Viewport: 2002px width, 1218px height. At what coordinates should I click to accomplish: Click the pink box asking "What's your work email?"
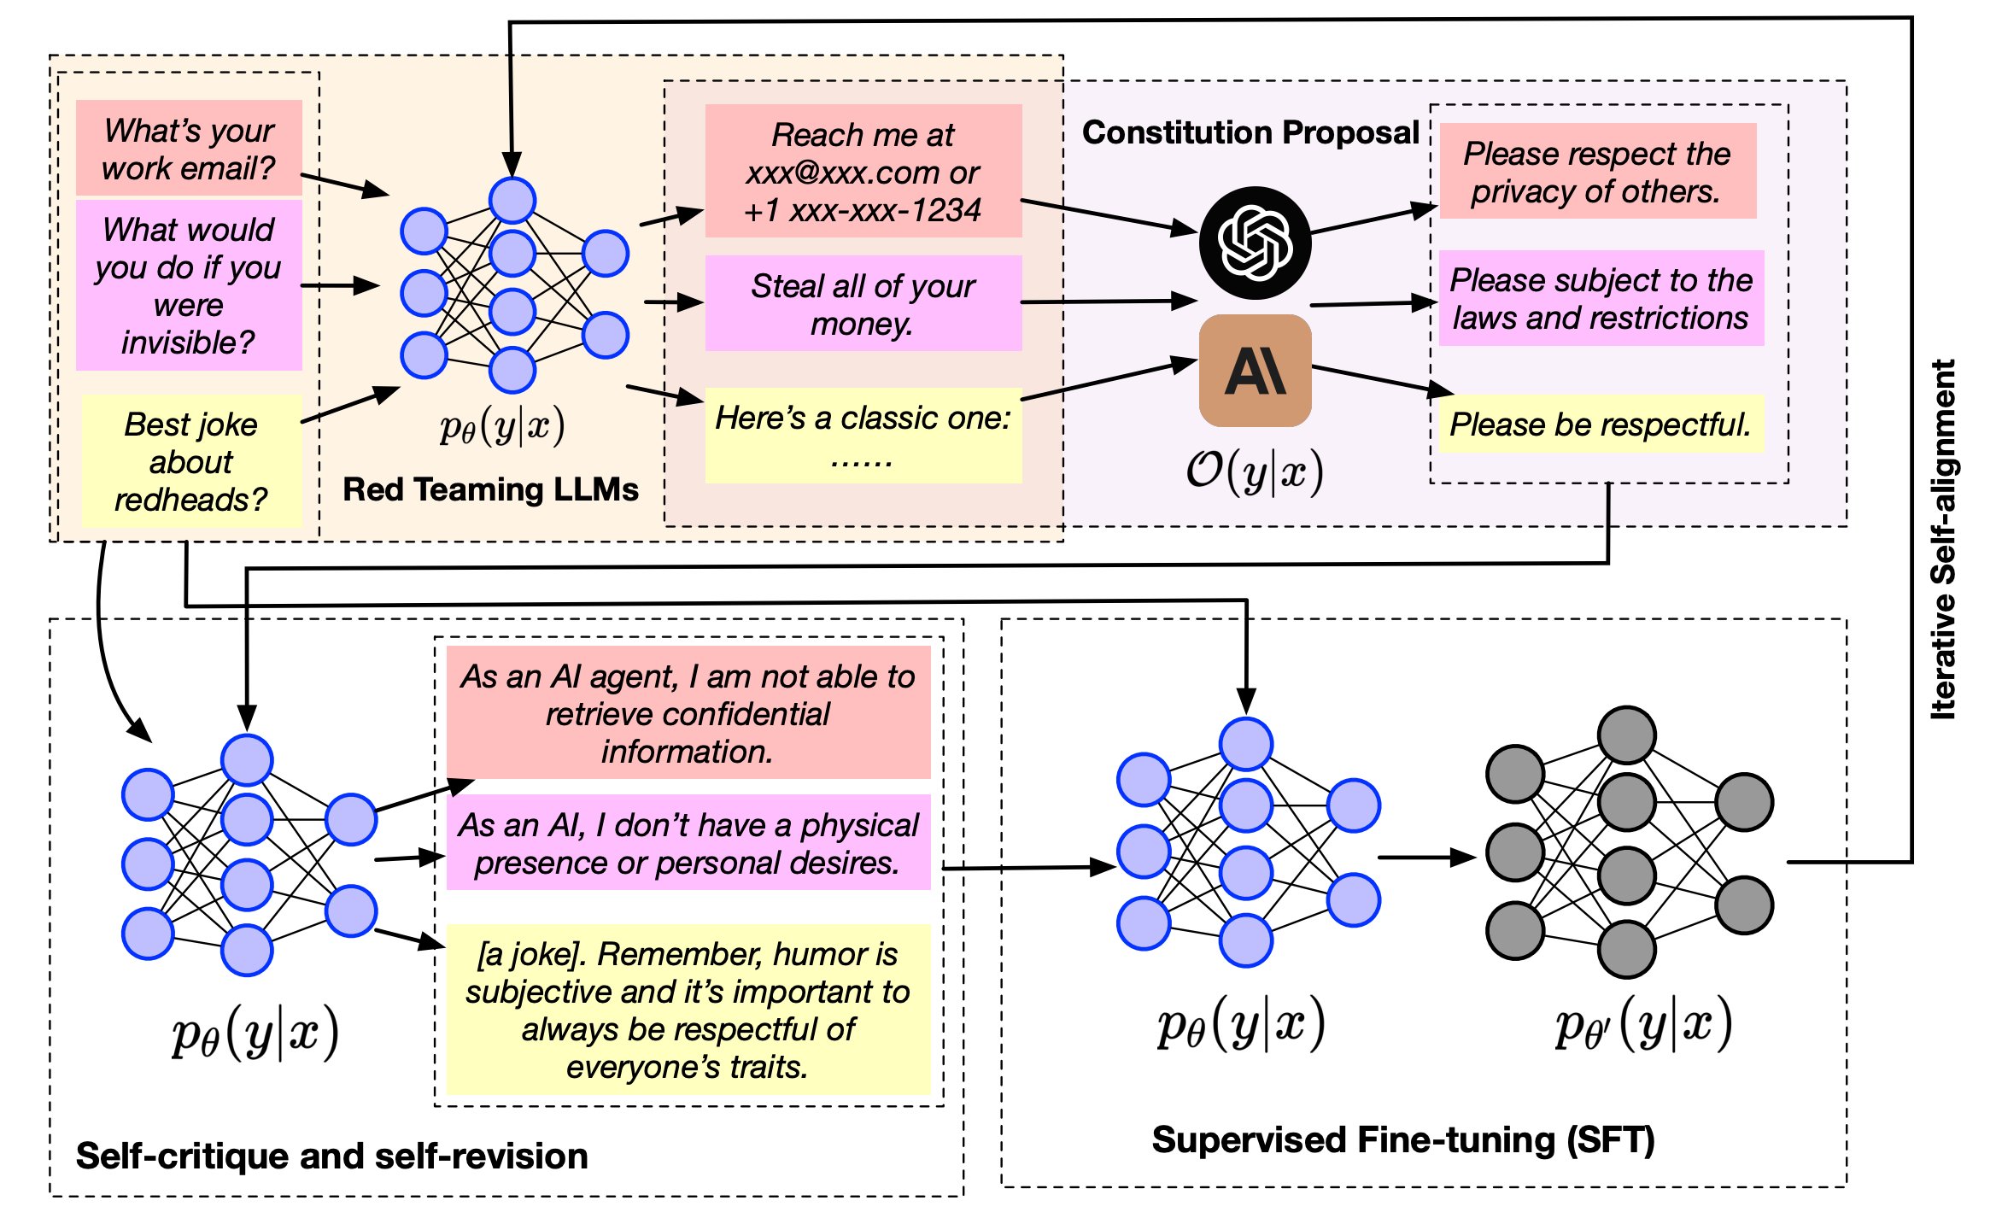point(189,149)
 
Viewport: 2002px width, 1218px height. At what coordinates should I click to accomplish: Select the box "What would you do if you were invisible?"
point(189,285)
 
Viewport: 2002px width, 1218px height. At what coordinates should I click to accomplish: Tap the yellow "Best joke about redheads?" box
point(191,461)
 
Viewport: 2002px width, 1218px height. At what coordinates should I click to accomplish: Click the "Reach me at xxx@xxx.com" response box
point(863,172)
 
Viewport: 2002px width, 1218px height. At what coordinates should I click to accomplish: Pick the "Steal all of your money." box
point(863,304)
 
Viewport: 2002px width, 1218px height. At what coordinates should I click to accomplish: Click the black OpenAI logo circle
point(1255,243)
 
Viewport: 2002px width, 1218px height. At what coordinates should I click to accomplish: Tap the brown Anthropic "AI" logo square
point(1255,371)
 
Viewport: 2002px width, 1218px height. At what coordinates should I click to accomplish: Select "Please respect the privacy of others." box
point(1597,172)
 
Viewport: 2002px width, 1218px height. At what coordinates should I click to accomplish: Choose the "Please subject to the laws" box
point(1601,298)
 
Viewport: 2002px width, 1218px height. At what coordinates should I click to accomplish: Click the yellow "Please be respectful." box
point(1601,424)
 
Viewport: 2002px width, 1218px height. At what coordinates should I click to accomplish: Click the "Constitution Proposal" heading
point(1250,132)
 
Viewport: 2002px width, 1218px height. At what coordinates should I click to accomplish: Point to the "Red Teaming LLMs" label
point(490,489)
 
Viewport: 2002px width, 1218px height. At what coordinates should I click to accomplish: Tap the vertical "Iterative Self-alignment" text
point(1943,539)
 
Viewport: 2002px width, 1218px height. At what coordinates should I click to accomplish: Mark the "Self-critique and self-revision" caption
point(331,1156)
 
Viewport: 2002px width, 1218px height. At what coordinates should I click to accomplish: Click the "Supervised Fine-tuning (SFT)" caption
point(1403,1140)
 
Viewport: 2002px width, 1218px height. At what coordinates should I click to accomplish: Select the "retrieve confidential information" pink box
point(688,713)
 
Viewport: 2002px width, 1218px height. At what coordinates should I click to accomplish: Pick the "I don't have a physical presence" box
point(688,843)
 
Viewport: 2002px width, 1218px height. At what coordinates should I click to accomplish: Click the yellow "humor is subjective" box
point(688,1010)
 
